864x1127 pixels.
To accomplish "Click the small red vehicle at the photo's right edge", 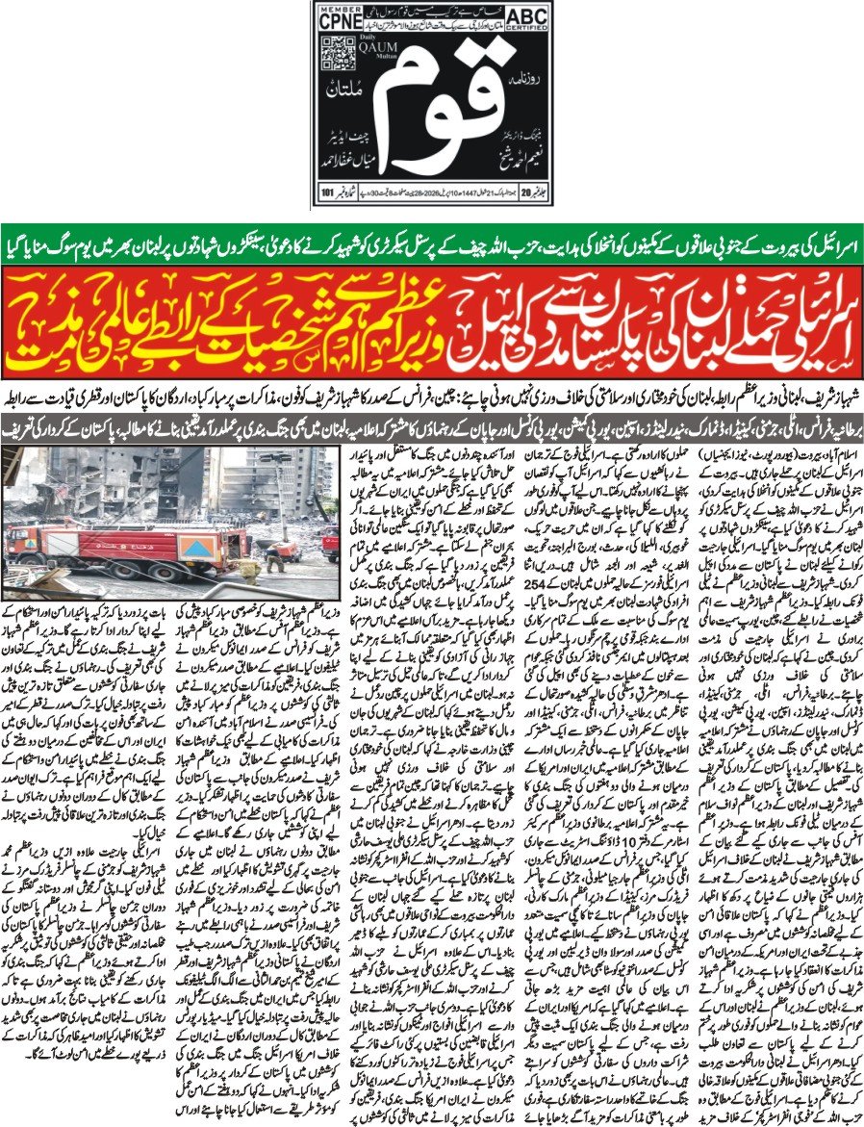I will coord(329,544).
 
